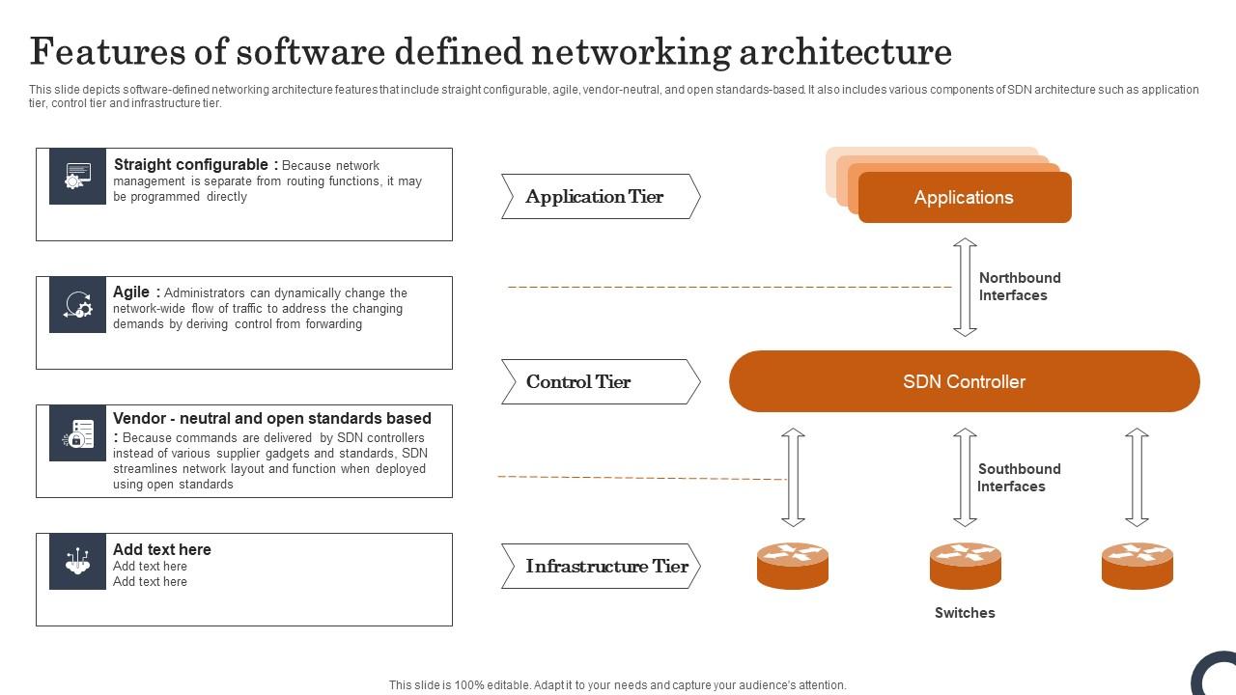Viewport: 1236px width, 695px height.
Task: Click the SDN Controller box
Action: click(964, 381)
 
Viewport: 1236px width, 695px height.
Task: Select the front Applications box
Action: click(964, 198)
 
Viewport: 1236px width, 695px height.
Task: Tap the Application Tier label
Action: click(596, 197)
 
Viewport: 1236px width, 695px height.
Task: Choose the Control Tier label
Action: click(579, 382)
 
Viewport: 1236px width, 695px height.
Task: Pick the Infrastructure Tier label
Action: click(606, 567)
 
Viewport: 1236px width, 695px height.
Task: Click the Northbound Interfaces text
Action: click(1019, 287)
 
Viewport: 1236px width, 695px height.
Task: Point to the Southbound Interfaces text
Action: click(1018, 478)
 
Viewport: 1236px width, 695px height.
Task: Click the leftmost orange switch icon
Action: click(793, 566)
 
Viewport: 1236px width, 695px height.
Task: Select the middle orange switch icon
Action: click(965, 566)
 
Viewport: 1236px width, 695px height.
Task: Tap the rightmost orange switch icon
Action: click(1137, 566)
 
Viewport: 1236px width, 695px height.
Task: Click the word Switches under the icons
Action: click(965, 613)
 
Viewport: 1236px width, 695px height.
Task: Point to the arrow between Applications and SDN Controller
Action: click(965, 287)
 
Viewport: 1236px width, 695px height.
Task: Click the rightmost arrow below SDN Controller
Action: click(1137, 478)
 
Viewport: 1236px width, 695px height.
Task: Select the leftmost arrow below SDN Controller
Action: click(793, 478)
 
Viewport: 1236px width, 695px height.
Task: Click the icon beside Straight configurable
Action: click(77, 177)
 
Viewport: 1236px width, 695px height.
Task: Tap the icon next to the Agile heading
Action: click(77, 305)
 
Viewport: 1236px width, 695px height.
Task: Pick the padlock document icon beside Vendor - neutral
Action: click(77, 433)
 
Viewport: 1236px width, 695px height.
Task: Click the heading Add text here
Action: click(161, 549)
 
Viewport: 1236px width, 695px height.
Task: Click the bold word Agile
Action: click(131, 292)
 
